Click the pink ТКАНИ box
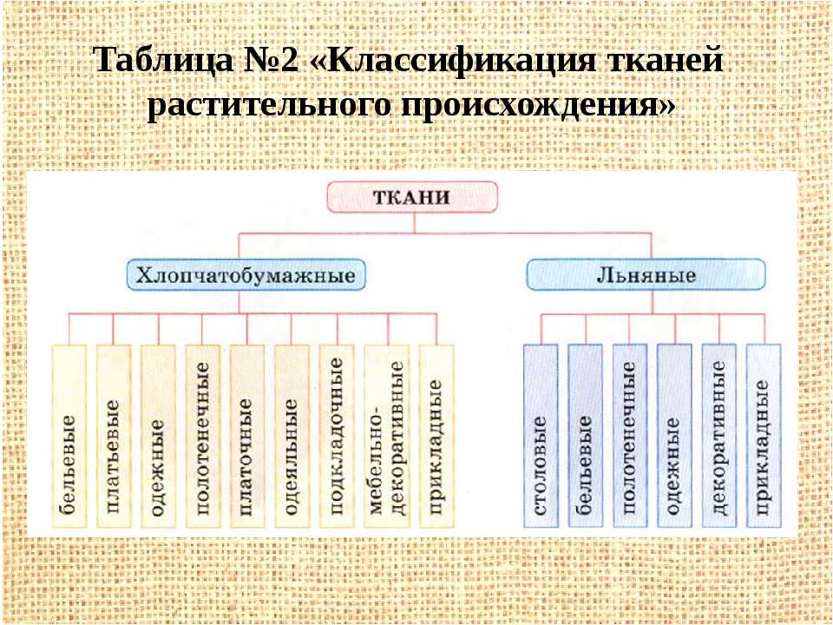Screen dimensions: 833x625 pyautogui.click(x=412, y=197)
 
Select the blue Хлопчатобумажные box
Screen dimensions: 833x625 pyautogui.click(x=246, y=275)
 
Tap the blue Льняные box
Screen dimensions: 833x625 pyautogui.click(x=646, y=275)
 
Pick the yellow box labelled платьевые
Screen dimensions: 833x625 pyautogui.click(x=114, y=437)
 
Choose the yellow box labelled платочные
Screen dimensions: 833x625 pyautogui.click(x=247, y=437)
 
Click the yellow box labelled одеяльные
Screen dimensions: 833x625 pyautogui.click(x=292, y=437)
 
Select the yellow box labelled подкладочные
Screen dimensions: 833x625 pyautogui.click(x=337, y=437)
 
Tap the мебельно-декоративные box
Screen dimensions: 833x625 pyautogui.click(x=387, y=437)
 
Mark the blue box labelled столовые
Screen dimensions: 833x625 pyautogui.click(x=541, y=436)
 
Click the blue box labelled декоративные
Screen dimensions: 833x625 pyautogui.click(x=719, y=436)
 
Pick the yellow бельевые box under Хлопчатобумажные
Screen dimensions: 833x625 pyautogui.click(x=69, y=437)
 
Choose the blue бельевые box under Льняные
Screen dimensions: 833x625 pyautogui.click(x=586, y=436)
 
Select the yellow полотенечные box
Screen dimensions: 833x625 pyautogui.click(x=203, y=437)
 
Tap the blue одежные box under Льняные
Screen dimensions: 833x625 pyautogui.click(x=675, y=436)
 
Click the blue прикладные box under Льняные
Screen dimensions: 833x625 pyautogui.click(x=764, y=436)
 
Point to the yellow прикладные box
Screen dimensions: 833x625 pyautogui.click(x=436, y=437)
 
